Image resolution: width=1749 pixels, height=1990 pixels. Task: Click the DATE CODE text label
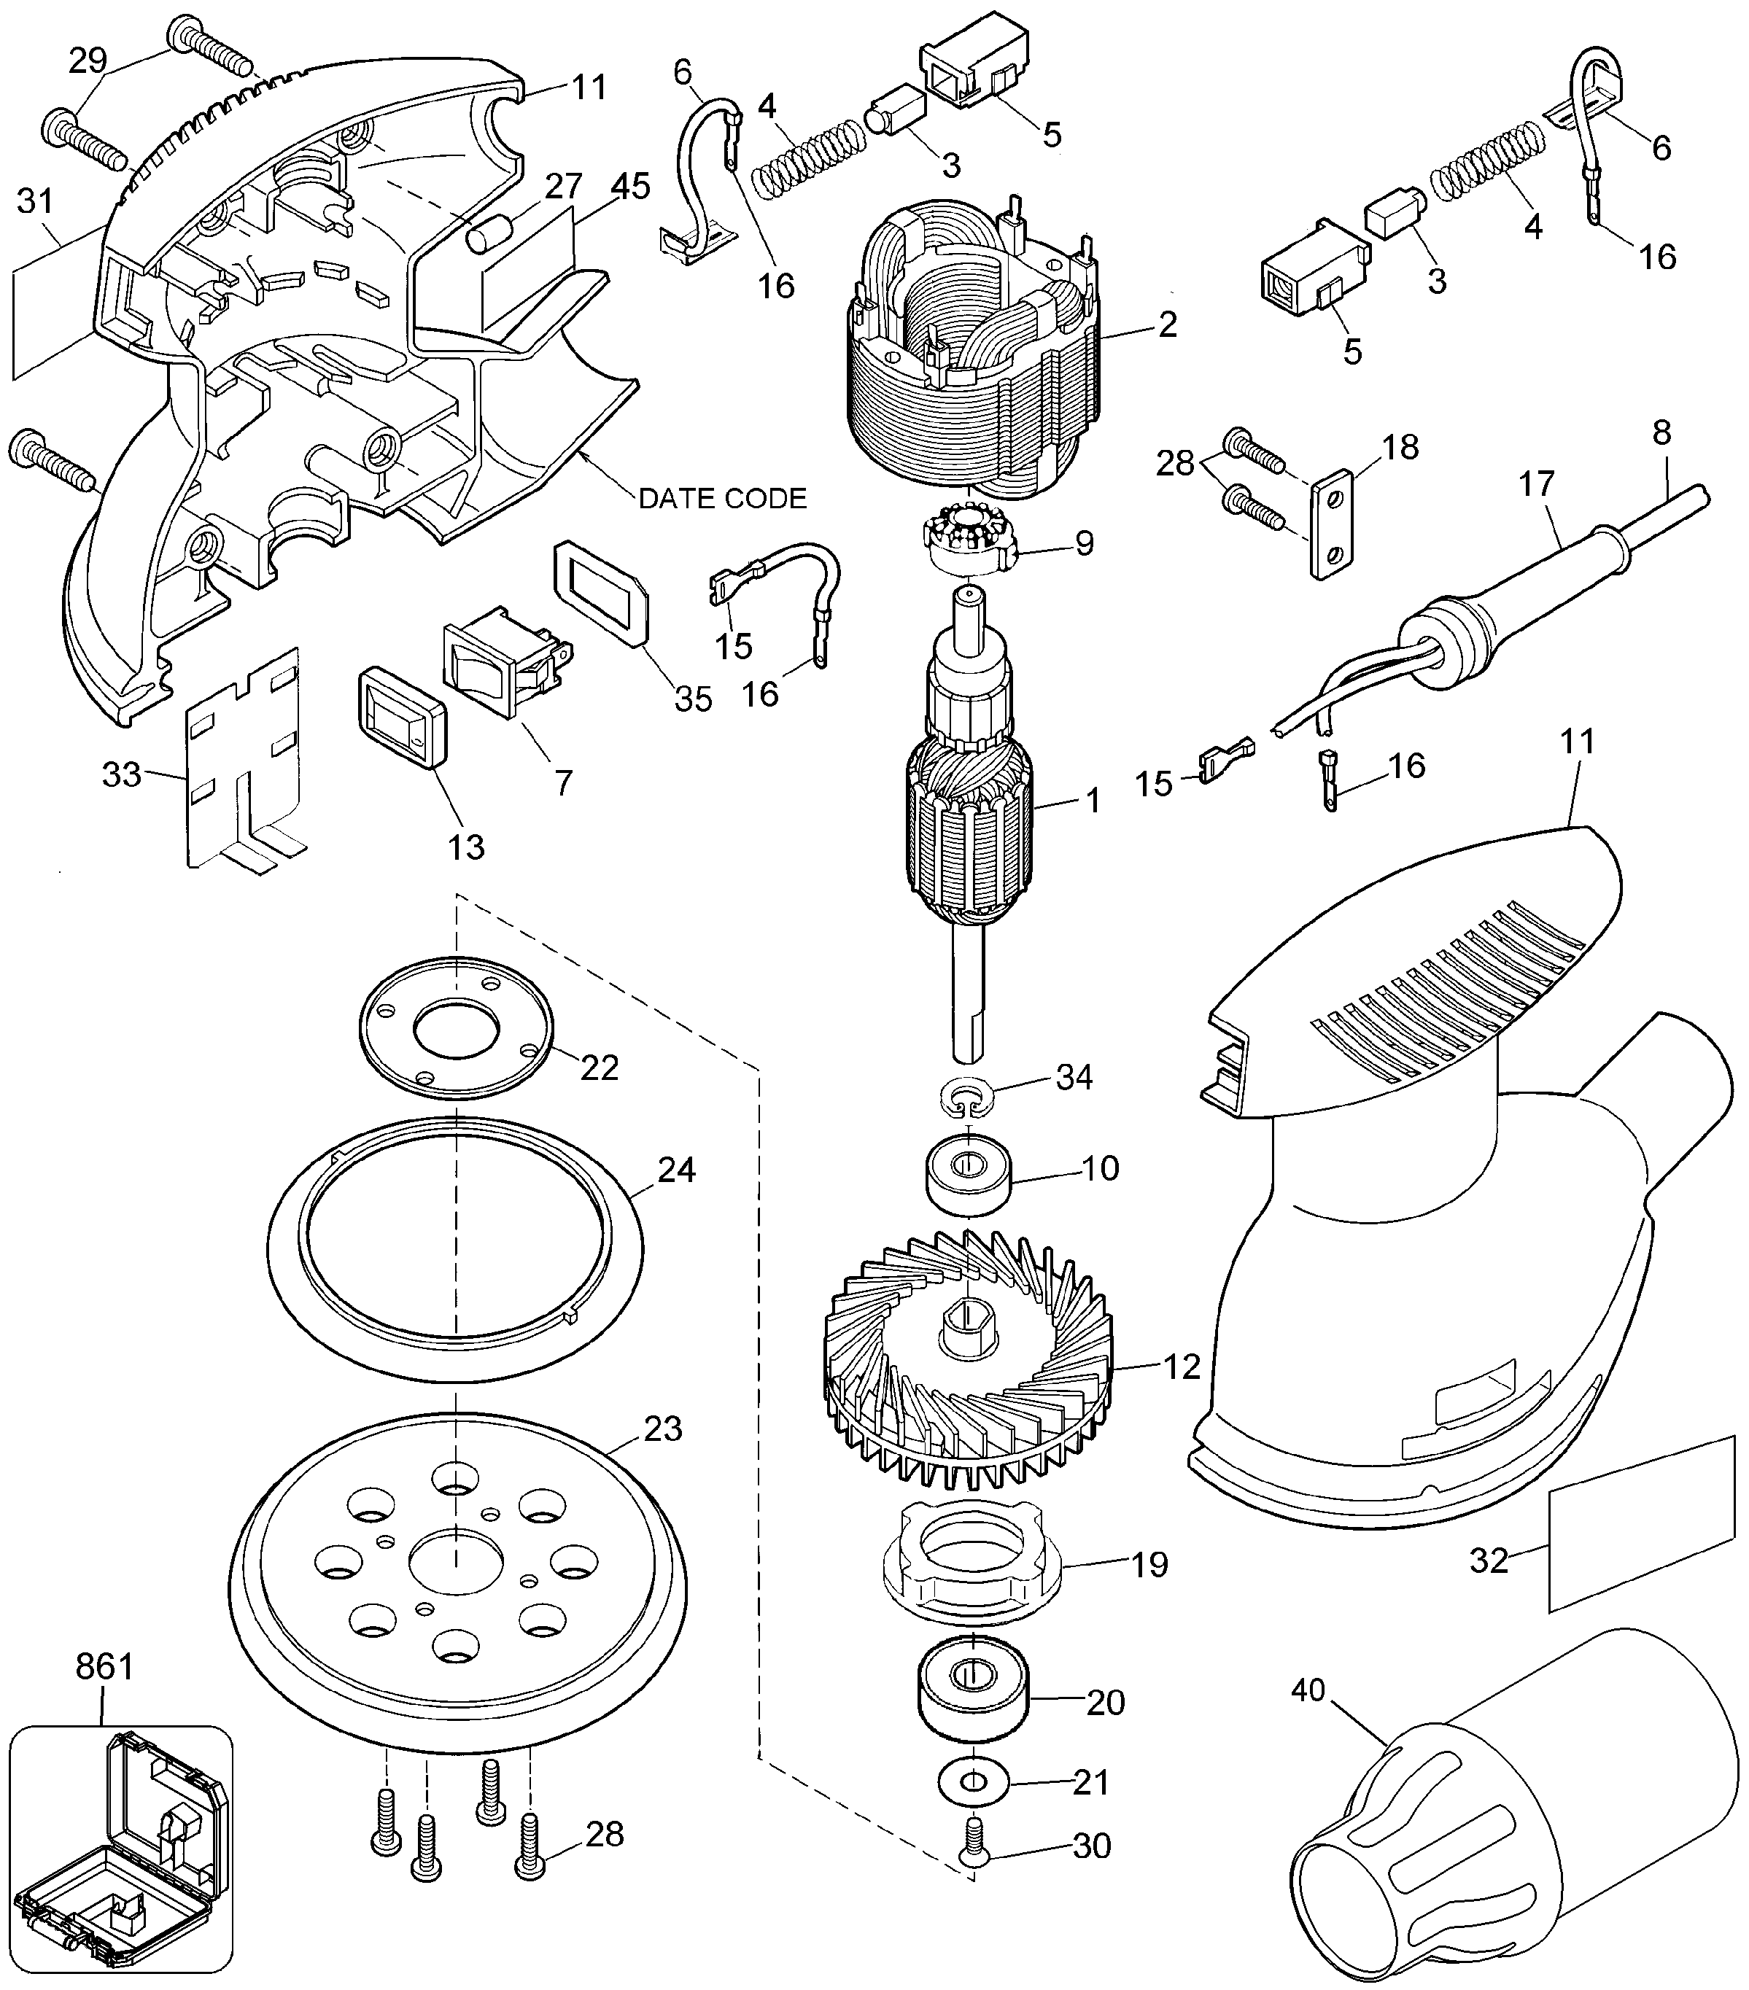pos(723,499)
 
